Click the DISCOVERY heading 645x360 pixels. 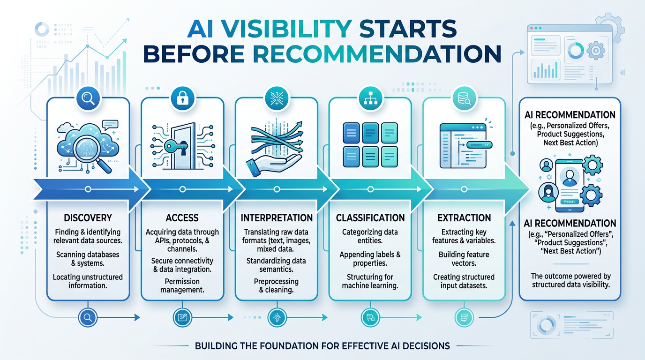pos(88,217)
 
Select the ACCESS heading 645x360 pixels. pos(182,217)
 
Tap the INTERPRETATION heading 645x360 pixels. pos(277,217)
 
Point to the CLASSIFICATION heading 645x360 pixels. pos(370,217)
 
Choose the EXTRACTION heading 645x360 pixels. pos(464,217)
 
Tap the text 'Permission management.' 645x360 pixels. pos(182,285)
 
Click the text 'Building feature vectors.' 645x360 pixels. pos(464,259)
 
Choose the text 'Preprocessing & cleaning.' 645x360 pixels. pos(276,285)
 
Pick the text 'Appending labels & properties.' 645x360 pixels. pos(370,259)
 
